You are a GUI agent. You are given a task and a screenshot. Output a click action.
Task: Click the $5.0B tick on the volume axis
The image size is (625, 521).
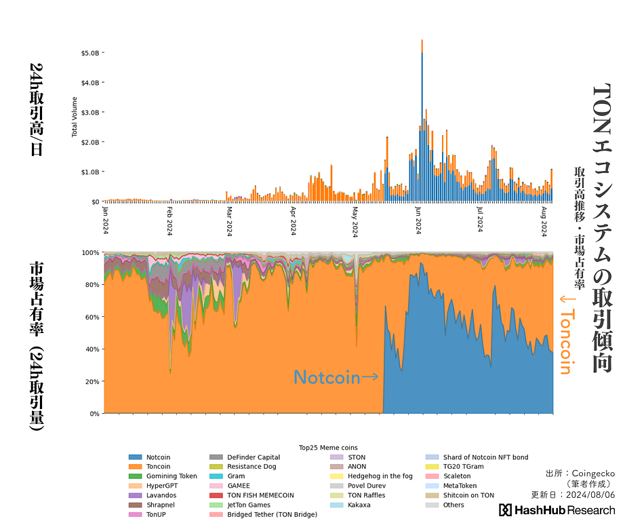[91, 52]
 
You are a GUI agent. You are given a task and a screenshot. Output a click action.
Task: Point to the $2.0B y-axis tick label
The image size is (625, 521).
[91, 142]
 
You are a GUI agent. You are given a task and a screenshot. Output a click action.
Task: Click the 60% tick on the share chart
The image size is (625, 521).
[92, 317]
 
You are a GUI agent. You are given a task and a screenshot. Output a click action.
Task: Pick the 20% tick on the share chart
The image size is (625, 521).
[92, 381]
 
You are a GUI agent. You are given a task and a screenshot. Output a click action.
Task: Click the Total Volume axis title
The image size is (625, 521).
[75, 117]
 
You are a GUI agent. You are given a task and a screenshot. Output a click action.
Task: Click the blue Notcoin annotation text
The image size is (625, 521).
[327, 377]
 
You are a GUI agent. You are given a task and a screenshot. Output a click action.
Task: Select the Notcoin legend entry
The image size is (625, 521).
[158, 457]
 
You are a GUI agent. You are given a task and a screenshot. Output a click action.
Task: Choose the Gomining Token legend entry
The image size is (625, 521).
[172, 476]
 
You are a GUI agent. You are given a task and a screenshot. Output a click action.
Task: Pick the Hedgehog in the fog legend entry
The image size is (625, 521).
[380, 476]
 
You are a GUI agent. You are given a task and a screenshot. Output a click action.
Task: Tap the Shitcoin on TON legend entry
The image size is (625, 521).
[468, 495]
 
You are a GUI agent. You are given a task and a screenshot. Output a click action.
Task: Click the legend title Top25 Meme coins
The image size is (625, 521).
[328, 448]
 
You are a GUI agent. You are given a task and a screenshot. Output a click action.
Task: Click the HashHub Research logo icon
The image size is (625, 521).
[505, 509]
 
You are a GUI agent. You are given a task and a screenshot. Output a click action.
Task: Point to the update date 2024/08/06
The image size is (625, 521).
[590, 495]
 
